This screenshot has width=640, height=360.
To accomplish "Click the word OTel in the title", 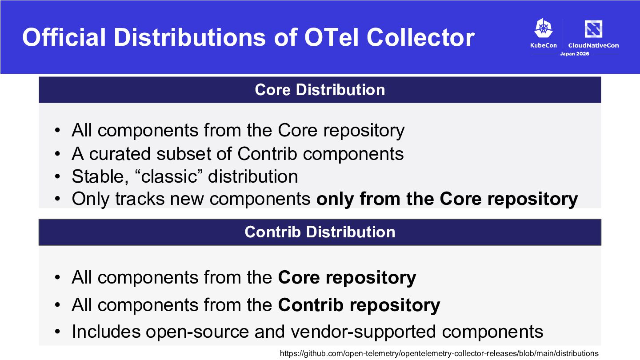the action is (331, 37).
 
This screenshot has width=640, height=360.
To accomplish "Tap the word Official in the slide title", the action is (64, 37).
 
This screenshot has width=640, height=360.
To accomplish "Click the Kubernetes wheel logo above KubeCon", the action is (544, 28).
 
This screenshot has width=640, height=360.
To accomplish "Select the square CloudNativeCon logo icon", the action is (593, 29).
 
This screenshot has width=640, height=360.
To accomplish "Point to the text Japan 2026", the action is (575, 54).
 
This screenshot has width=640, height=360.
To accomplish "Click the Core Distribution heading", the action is (320, 90).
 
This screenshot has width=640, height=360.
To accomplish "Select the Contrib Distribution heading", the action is (320, 232).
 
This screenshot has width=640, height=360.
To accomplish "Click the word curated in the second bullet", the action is (120, 154).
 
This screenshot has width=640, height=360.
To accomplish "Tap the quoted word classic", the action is (169, 176).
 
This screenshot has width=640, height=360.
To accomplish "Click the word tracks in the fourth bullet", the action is (140, 199).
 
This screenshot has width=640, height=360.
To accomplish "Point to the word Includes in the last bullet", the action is (106, 332).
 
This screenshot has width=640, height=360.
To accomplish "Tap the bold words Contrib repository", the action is (359, 305).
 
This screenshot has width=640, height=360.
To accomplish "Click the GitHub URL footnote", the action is (439, 353).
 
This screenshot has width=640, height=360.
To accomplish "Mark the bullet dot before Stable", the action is (57, 176).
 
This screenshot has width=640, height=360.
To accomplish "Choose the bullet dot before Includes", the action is (57, 332).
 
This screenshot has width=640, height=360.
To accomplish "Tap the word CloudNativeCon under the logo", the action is (593, 45).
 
